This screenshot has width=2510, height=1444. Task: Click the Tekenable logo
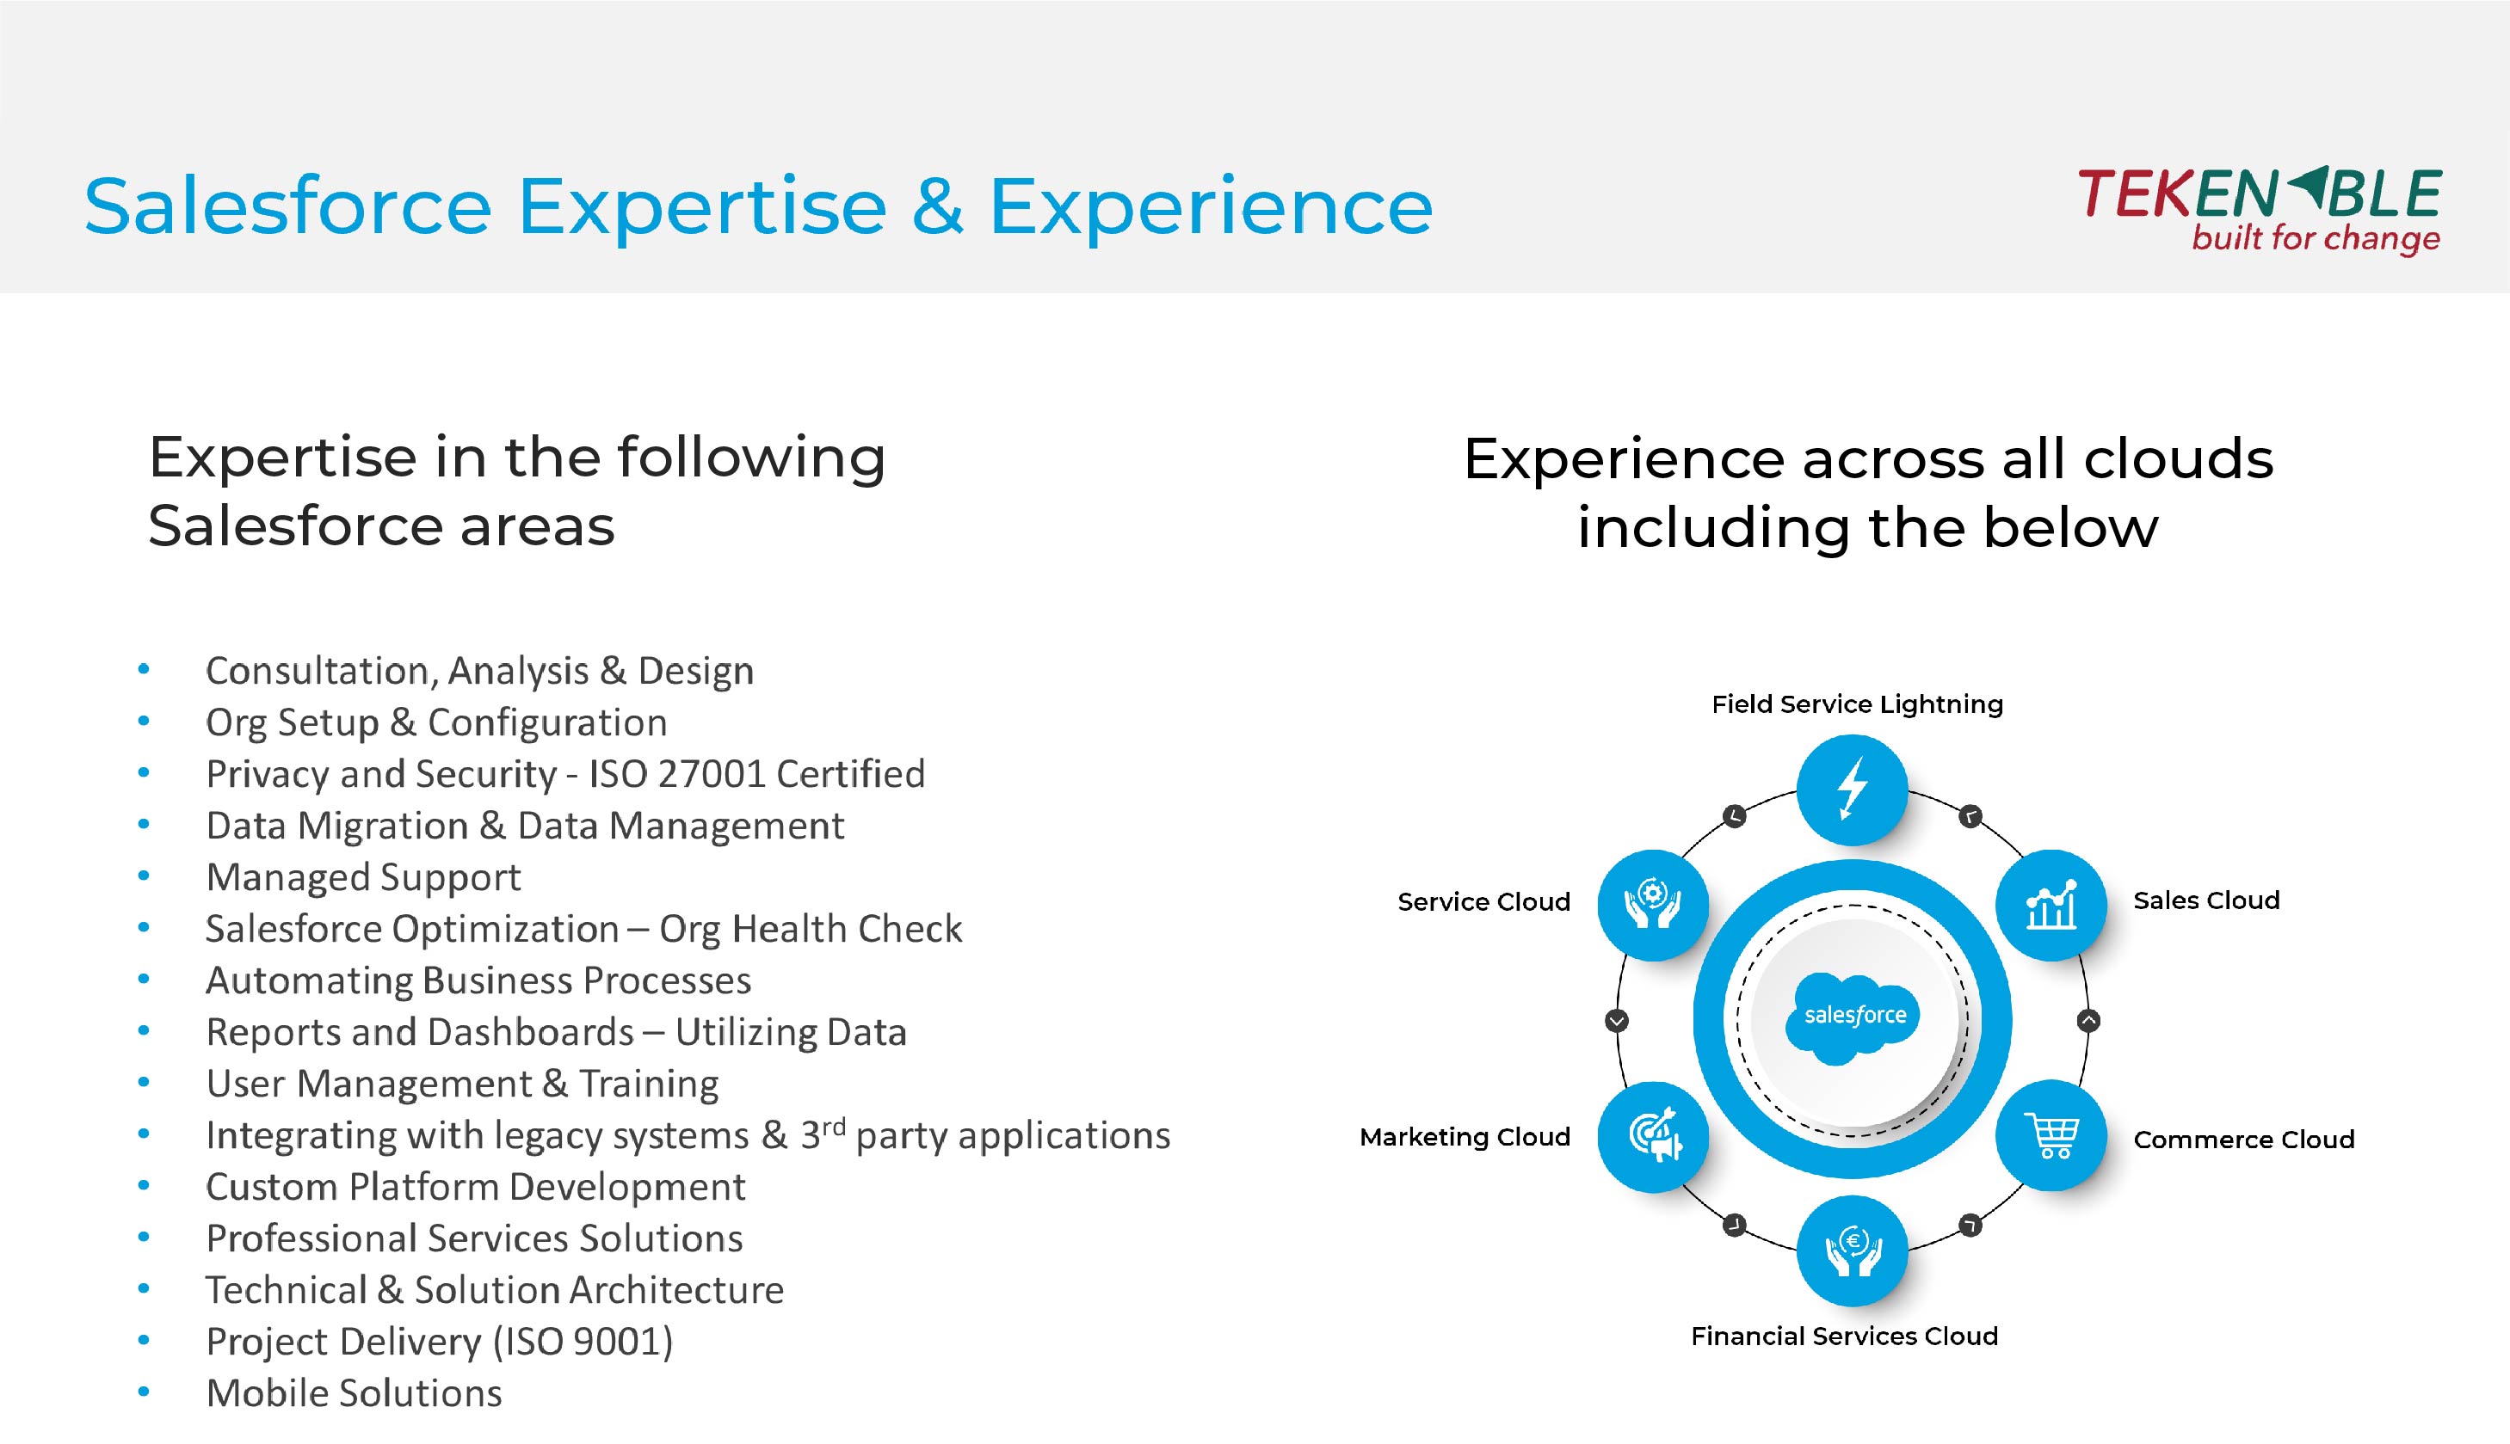[2259, 210]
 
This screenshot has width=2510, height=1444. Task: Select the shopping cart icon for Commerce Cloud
[2051, 1135]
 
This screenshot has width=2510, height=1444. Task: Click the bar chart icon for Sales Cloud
[2051, 905]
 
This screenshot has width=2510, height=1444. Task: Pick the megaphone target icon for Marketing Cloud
[1654, 1135]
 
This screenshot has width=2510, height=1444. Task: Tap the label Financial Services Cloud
[1844, 1336]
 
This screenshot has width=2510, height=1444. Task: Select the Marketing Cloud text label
[1465, 1137]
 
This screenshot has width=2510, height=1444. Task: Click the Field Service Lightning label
[1857, 705]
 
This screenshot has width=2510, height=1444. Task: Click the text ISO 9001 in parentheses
[583, 1342]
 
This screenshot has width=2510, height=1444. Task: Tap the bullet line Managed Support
[363, 876]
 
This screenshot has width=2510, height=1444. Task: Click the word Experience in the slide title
[1212, 207]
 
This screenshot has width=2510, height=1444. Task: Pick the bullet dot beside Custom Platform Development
[144, 1185]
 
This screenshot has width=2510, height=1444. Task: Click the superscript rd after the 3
[833, 1126]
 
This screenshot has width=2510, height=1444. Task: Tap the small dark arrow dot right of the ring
[2088, 1021]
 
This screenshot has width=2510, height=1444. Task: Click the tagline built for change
[2316, 239]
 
